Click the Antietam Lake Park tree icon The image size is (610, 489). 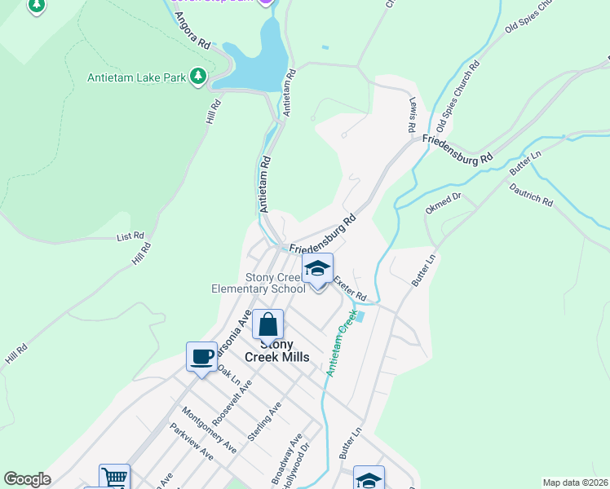197,77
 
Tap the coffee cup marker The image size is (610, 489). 201,356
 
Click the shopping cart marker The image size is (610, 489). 114,477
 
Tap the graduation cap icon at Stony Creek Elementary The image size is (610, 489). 317,268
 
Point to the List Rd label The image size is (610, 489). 130,236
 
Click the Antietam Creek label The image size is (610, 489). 342,343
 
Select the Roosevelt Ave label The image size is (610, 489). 235,402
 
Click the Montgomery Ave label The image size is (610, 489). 209,430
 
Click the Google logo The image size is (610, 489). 27,479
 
